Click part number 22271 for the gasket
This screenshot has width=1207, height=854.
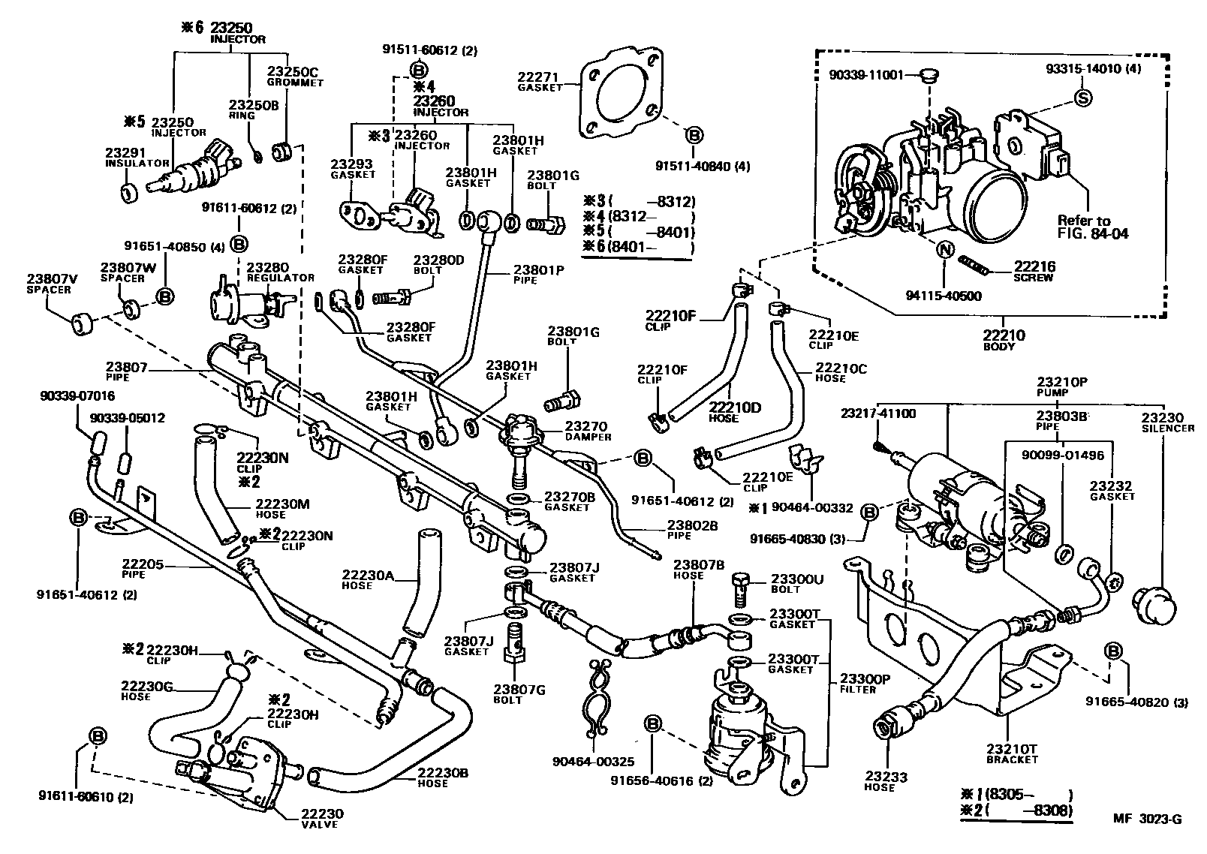[x=537, y=77]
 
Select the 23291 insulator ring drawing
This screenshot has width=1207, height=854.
[x=129, y=193]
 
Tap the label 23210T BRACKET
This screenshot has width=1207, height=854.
[x=1011, y=754]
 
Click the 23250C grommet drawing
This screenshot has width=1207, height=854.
[x=283, y=152]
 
